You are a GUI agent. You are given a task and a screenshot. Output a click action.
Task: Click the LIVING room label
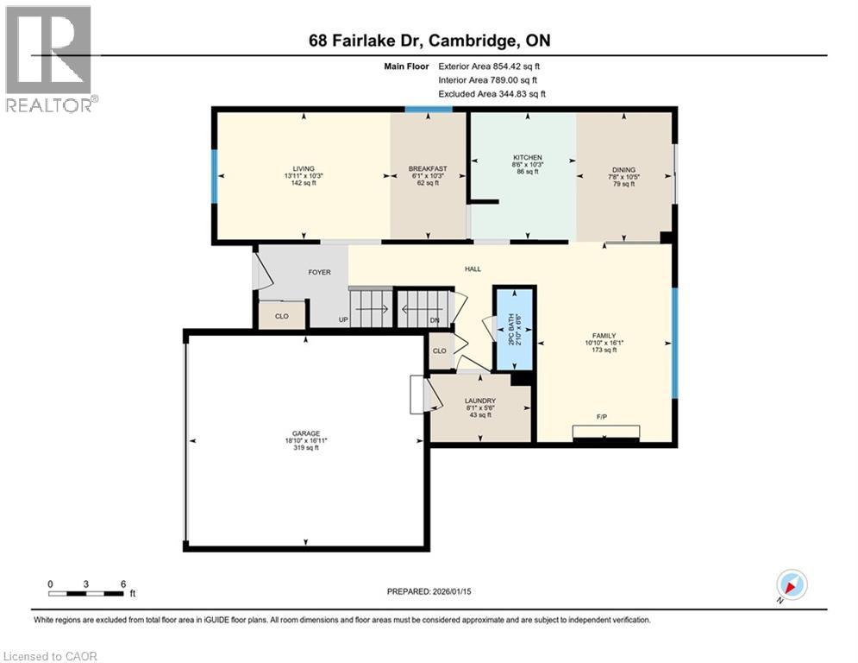point(303,168)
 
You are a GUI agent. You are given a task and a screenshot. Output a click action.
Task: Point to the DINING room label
point(623,169)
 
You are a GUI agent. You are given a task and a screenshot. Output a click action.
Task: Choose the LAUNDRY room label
point(479,401)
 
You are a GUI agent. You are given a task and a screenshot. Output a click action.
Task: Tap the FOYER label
point(320,272)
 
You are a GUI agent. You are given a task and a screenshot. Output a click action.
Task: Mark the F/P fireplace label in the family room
point(603,418)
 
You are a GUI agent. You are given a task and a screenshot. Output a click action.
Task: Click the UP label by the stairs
point(343,320)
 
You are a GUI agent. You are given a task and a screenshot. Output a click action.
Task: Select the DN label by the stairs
point(435,320)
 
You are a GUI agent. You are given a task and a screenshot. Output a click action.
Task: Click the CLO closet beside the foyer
point(281,316)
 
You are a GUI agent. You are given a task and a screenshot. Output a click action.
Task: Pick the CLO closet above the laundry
point(440,351)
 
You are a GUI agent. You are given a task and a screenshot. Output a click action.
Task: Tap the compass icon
point(791,585)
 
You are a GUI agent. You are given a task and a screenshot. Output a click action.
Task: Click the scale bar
point(86,593)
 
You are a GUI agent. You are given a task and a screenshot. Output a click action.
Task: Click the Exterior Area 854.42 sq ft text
point(489,66)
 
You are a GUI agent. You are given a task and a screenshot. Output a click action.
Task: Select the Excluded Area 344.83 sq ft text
point(492,93)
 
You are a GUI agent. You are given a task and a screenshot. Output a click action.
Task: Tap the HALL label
point(473,269)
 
